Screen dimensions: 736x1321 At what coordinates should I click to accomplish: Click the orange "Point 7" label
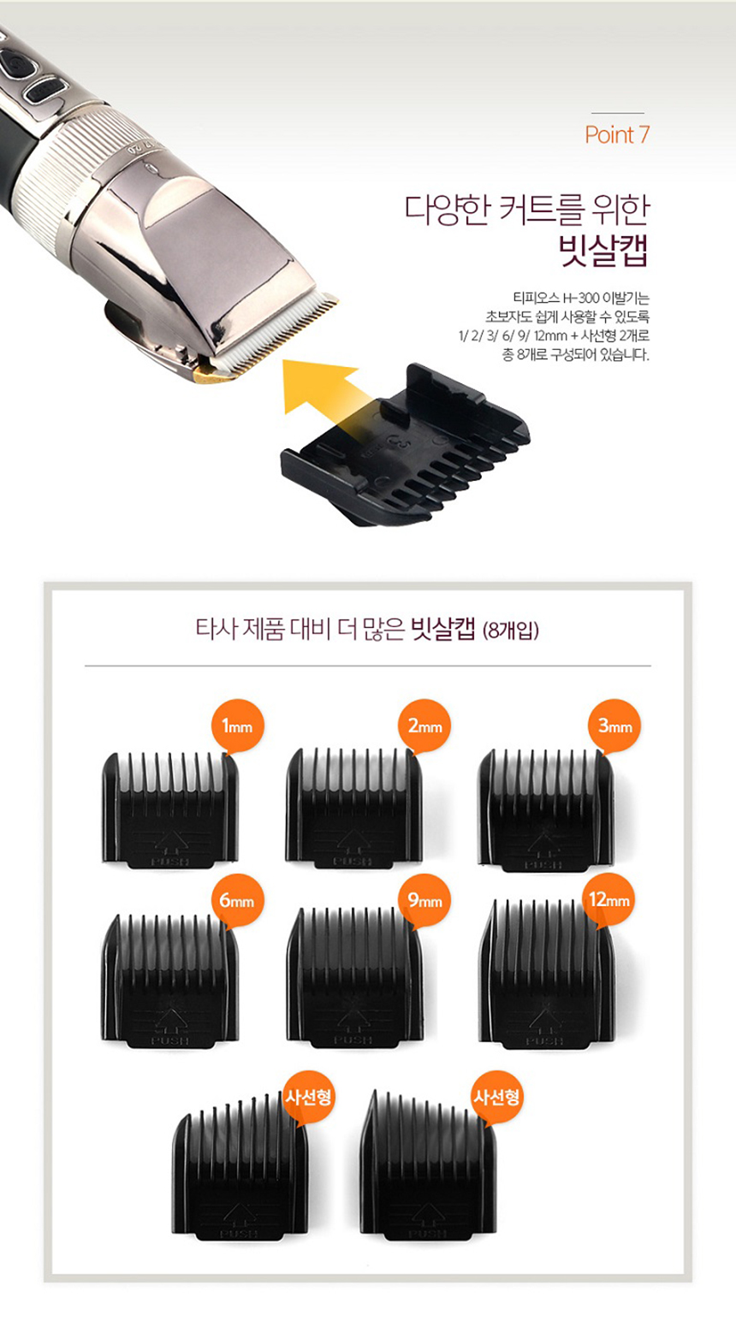617,135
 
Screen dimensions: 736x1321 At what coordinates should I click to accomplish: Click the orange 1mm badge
237,726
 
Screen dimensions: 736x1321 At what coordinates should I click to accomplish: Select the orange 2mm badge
424,726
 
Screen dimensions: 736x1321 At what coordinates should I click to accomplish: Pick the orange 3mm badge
614,726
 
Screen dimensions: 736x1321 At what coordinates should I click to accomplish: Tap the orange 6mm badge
237,901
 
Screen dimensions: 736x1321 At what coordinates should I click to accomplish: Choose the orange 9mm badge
424,901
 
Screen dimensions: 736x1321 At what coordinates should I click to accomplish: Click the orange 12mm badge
609,901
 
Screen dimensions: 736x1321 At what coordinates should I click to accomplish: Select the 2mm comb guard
353,808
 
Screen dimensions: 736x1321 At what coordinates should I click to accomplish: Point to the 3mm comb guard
545,810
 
